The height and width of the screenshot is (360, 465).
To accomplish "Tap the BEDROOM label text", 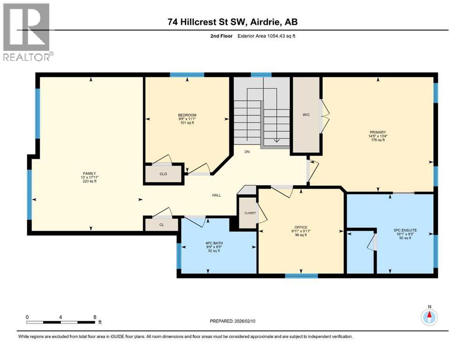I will coord(187,115).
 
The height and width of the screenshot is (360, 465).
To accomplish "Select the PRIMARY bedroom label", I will coord(377,132).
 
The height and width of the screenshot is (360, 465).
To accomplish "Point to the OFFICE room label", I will coord(301,227).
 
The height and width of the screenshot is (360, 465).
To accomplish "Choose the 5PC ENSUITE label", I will coord(405,230).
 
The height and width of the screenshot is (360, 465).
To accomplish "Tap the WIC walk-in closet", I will coord(307,114).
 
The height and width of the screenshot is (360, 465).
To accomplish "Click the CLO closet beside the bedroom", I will coord(163,173).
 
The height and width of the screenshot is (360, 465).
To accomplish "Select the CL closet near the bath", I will coord(162,225).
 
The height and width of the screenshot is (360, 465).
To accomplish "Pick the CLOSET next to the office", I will coord(250,213).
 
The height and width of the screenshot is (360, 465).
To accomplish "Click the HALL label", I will coord(216,195).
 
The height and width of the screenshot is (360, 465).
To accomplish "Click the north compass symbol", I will coord(428,317).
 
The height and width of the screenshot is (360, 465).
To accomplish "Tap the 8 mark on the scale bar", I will coord(95,317).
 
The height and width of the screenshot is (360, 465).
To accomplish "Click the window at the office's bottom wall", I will coord(298,276).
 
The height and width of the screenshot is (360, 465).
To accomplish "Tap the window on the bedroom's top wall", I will coord(187,75).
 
